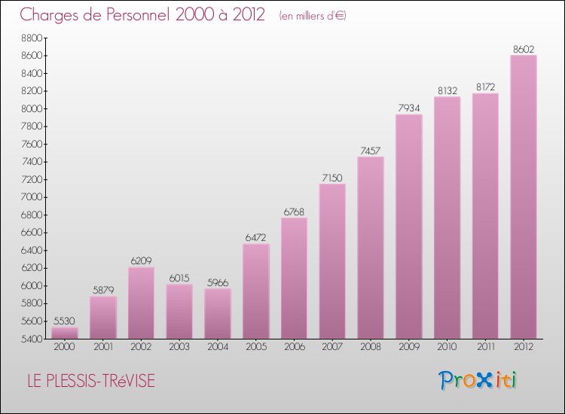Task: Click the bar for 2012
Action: pyautogui.click(x=524, y=197)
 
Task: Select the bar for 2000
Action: pyautogui.click(x=65, y=333)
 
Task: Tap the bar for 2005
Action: pyautogui.click(x=256, y=291)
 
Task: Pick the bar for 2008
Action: pyautogui.click(x=371, y=248)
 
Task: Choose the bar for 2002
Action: pyautogui.click(x=142, y=303)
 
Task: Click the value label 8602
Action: pyautogui.click(x=524, y=49)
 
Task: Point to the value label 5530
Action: pyautogui.click(x=65, y=321)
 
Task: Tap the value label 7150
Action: pyautogui.click(x=332, y=178)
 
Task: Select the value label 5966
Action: pyautogui.click(x=218, y=282)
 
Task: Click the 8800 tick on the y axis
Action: pyautogui.click(x=32, y=38)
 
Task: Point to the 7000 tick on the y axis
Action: pyautogui.click(x=32, y=197)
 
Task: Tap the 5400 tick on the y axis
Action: pyautogui.click(x=32, y=339)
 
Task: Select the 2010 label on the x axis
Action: pyautogui.click(x=447, y=348)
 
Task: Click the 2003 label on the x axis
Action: pyautogui.click(x=179, y=348)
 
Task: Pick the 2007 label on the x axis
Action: pyautogui.click(x=332, y=348)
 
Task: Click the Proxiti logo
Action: pyautogui.click(x=478, y=380)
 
